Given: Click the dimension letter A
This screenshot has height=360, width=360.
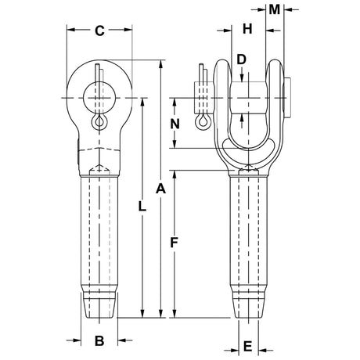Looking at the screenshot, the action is (x=160, y=189).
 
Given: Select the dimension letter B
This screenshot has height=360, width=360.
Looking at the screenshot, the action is (x=99, y=340).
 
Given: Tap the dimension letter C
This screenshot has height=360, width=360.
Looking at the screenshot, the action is (x=99, y=31).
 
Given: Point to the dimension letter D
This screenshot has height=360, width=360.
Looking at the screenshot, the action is (x=241, y=59).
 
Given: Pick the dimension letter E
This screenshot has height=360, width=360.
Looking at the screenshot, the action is (x=247, y=346).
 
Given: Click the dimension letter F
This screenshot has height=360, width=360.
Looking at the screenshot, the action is (x=174, y=243).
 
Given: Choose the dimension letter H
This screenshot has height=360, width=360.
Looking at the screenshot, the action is (x=247, y=29).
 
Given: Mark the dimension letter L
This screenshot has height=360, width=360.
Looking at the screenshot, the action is (x=142, y=207).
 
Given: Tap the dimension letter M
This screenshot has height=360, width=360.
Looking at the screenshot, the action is (x=275, y=9).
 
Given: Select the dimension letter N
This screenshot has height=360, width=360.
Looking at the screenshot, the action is (x=175, y=124).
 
